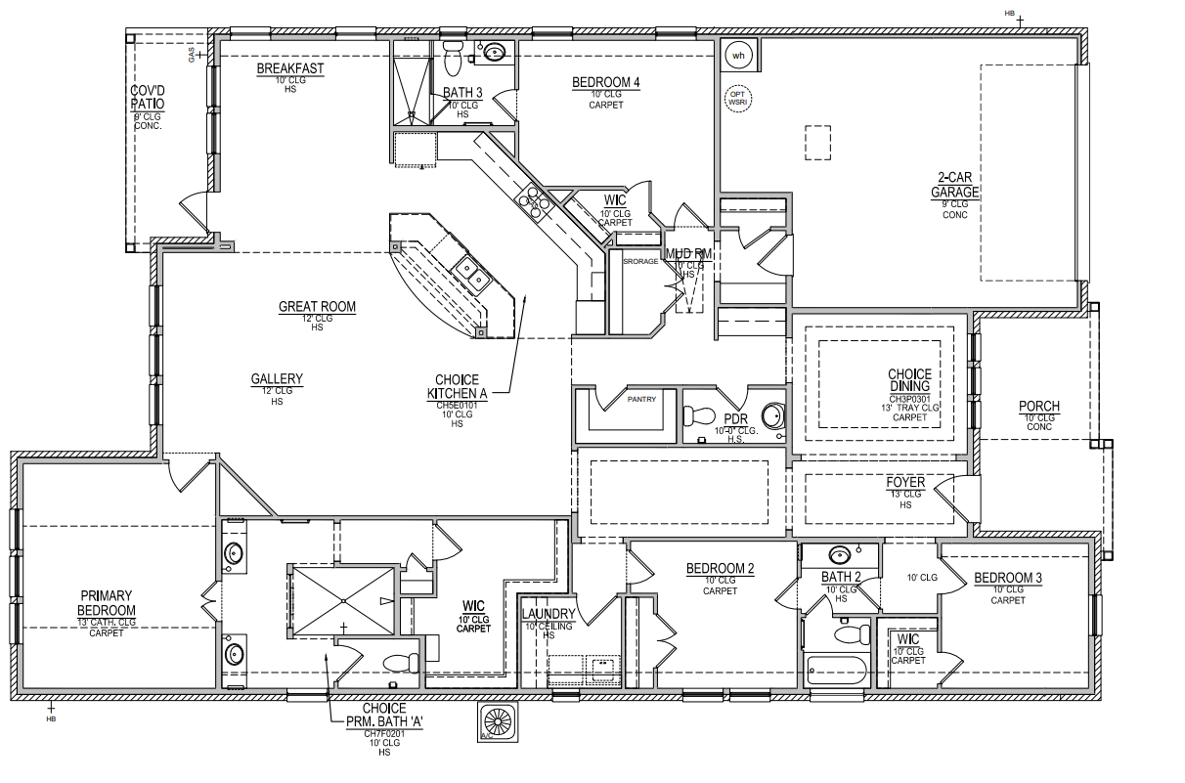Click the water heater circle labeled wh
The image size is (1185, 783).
(739, 56)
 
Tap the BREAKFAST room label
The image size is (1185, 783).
(290, 69)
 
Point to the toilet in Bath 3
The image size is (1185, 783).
(453, 60)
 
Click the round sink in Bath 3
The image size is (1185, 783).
(495, 53)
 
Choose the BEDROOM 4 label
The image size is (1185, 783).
(606, 83)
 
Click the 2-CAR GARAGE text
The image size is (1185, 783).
(954, 186)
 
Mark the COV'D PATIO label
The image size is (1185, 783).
(147, 97)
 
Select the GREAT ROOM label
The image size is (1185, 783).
(317, 307)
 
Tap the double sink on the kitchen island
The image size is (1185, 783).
(471, 273)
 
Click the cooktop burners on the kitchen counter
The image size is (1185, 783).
(533, 203)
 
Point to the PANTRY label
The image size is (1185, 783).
(641, 399)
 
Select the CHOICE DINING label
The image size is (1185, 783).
(909, 380)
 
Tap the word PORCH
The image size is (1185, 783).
(1038, 407)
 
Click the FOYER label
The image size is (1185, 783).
(905, 482)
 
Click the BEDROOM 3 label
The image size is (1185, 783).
(1007, 578)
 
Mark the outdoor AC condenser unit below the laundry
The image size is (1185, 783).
(499, 721)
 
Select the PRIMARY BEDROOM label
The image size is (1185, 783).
(107, 603)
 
